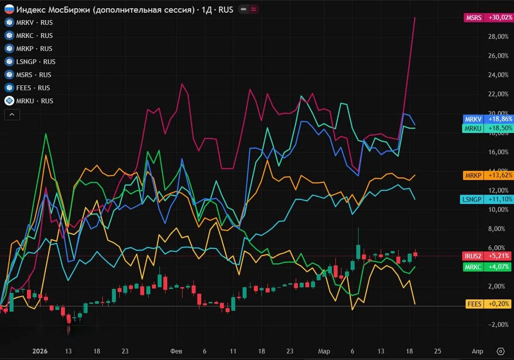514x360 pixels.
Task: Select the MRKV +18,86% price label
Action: click(x=488, y=119)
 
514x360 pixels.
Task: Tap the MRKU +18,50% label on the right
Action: click(x=488, y=128)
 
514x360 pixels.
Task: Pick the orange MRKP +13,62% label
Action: click(x=488, y=175)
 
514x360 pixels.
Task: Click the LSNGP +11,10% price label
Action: click(x=487, y=199)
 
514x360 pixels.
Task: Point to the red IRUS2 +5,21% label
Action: click(x=487, y=256)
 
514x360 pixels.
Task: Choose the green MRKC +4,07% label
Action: click(x=487, y=267)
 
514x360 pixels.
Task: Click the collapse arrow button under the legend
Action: click(x=12, y=115)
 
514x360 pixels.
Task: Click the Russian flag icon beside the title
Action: click(x=9, y=9)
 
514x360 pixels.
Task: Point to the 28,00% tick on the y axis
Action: click(x=498, y=37)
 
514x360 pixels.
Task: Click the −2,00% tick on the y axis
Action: click(x=498, y=325)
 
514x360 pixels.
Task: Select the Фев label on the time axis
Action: click(x=176, y=351)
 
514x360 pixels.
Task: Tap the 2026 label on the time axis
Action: click(x=40, y=351)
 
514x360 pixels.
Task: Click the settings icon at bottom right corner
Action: click(x=500, y=351)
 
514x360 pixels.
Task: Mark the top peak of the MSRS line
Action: click(x=415, y=17)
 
